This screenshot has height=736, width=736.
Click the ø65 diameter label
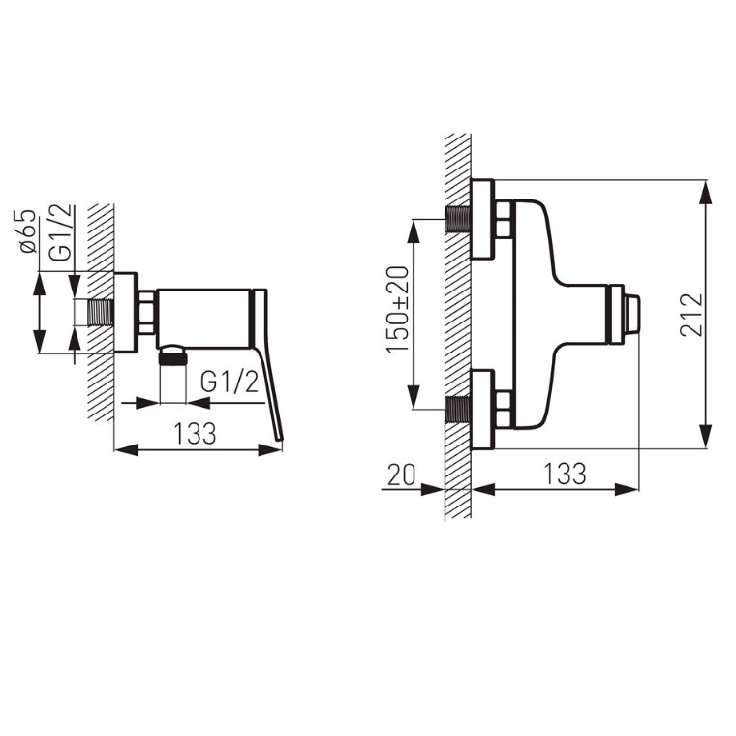click(28, 230)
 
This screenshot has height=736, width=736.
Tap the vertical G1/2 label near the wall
click(61, 232)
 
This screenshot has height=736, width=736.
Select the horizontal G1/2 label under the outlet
click(230, 382)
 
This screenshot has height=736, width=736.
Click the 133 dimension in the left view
click(196, 433)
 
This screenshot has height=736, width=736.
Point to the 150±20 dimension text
click(397, 309)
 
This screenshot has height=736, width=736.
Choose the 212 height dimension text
click(691, 315)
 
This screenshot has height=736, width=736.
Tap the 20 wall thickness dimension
click(401, 475)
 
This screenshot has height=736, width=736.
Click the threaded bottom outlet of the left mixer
click(172, 359)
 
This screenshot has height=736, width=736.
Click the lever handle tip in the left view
click(280, 438)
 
